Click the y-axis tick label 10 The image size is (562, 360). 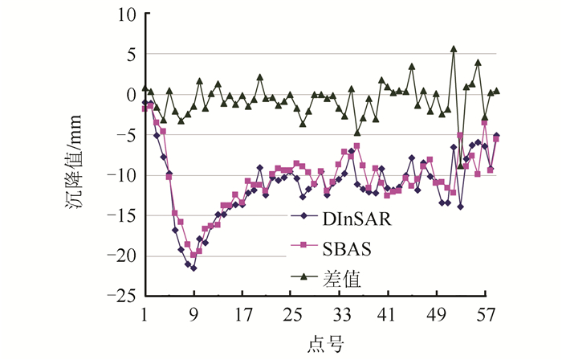(x=126, y=14)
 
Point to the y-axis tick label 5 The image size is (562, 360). (x=130, y=55)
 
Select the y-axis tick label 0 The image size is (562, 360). (x=130, y=95)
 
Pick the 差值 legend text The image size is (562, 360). (x=340, y=278)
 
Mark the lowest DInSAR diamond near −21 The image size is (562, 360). (x=193, y=268)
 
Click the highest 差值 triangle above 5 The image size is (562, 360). (x=454, y=49)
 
